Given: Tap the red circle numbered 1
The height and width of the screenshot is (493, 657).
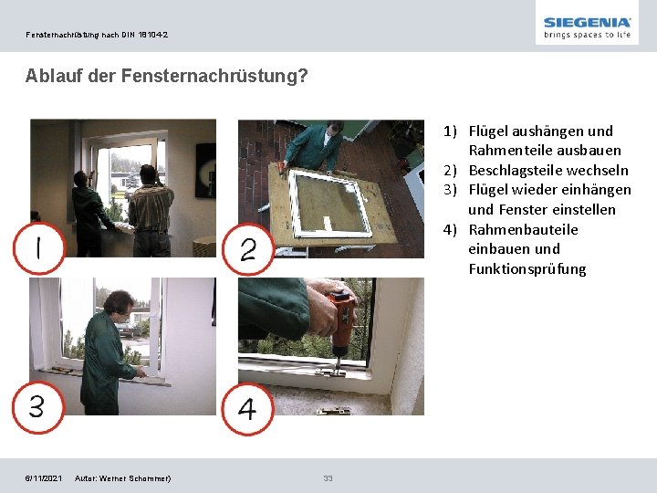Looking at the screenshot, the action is coord(39,247).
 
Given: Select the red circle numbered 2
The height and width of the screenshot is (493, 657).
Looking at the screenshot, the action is coord(247,249).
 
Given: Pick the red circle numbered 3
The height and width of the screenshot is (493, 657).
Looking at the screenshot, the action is coord(38,407).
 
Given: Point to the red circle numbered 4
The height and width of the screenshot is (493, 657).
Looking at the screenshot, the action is coord(247,409).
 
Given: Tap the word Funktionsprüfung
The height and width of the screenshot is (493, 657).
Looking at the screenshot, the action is coord(527,268).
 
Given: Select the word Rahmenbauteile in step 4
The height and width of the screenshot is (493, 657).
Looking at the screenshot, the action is coord(524,229).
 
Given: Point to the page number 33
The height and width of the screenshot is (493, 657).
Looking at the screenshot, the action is coord(328,477).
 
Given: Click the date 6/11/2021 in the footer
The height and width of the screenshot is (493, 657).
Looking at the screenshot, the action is coord(44,478).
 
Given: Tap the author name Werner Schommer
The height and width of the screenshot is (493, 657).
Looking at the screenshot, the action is coord(134,478).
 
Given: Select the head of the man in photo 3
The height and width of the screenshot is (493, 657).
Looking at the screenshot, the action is coord(120,304).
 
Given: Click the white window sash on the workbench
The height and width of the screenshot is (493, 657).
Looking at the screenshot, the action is coord(328,203).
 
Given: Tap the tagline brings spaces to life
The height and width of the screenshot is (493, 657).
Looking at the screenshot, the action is coord(587,35).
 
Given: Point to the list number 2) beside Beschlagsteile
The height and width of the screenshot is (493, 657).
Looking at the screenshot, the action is coord(450,170).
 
